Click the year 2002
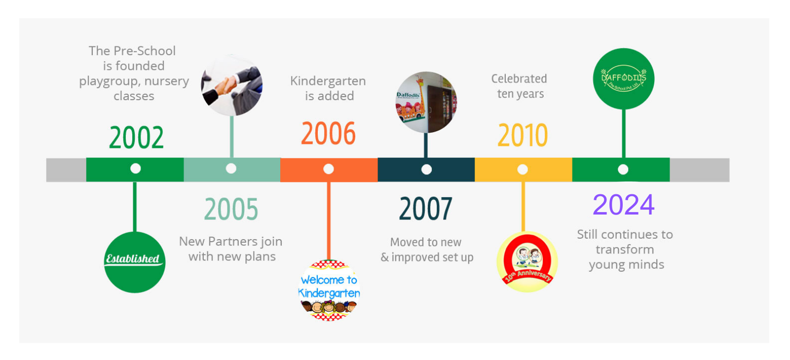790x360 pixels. (136, 138)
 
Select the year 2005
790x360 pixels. (231, 209)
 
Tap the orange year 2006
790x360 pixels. (328, 133)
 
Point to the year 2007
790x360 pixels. (426, 209)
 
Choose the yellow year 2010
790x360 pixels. (523, 136)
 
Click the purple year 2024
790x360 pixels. (624, 205)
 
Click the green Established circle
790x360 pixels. (135, 262)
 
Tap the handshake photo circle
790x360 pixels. (232, 85)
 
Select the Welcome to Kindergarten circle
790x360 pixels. (329, 290)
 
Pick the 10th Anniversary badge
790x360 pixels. (527, 262)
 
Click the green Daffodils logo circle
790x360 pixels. (624, 78)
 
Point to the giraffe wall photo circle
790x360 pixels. (426, 102)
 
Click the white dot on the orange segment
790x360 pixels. (329, 169)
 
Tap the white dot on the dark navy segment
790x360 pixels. (426, 170)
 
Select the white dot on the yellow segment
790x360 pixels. (523, 170)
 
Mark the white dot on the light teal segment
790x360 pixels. (231, 169)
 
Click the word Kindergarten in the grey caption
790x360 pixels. (328, 81)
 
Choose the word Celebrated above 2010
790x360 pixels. (519, 78)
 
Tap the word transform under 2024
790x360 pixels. (625, 250)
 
